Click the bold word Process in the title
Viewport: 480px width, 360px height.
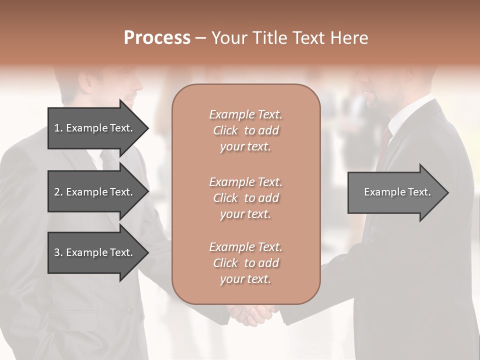[x=157, y=38]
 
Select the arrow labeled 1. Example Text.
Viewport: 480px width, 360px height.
[x=95, y=128]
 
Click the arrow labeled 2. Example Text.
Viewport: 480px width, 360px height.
[x=95, y=192]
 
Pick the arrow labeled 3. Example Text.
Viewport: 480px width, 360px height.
[x=95, y=252]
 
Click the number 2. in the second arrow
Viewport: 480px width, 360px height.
[x=58, y=192]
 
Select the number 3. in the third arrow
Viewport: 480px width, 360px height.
[x=58, y=252]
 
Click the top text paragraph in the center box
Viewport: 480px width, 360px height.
[x=245, y=130]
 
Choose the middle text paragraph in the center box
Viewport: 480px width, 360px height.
[x=245, y=198]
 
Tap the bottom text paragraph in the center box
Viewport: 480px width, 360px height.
[x=245, y=263]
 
